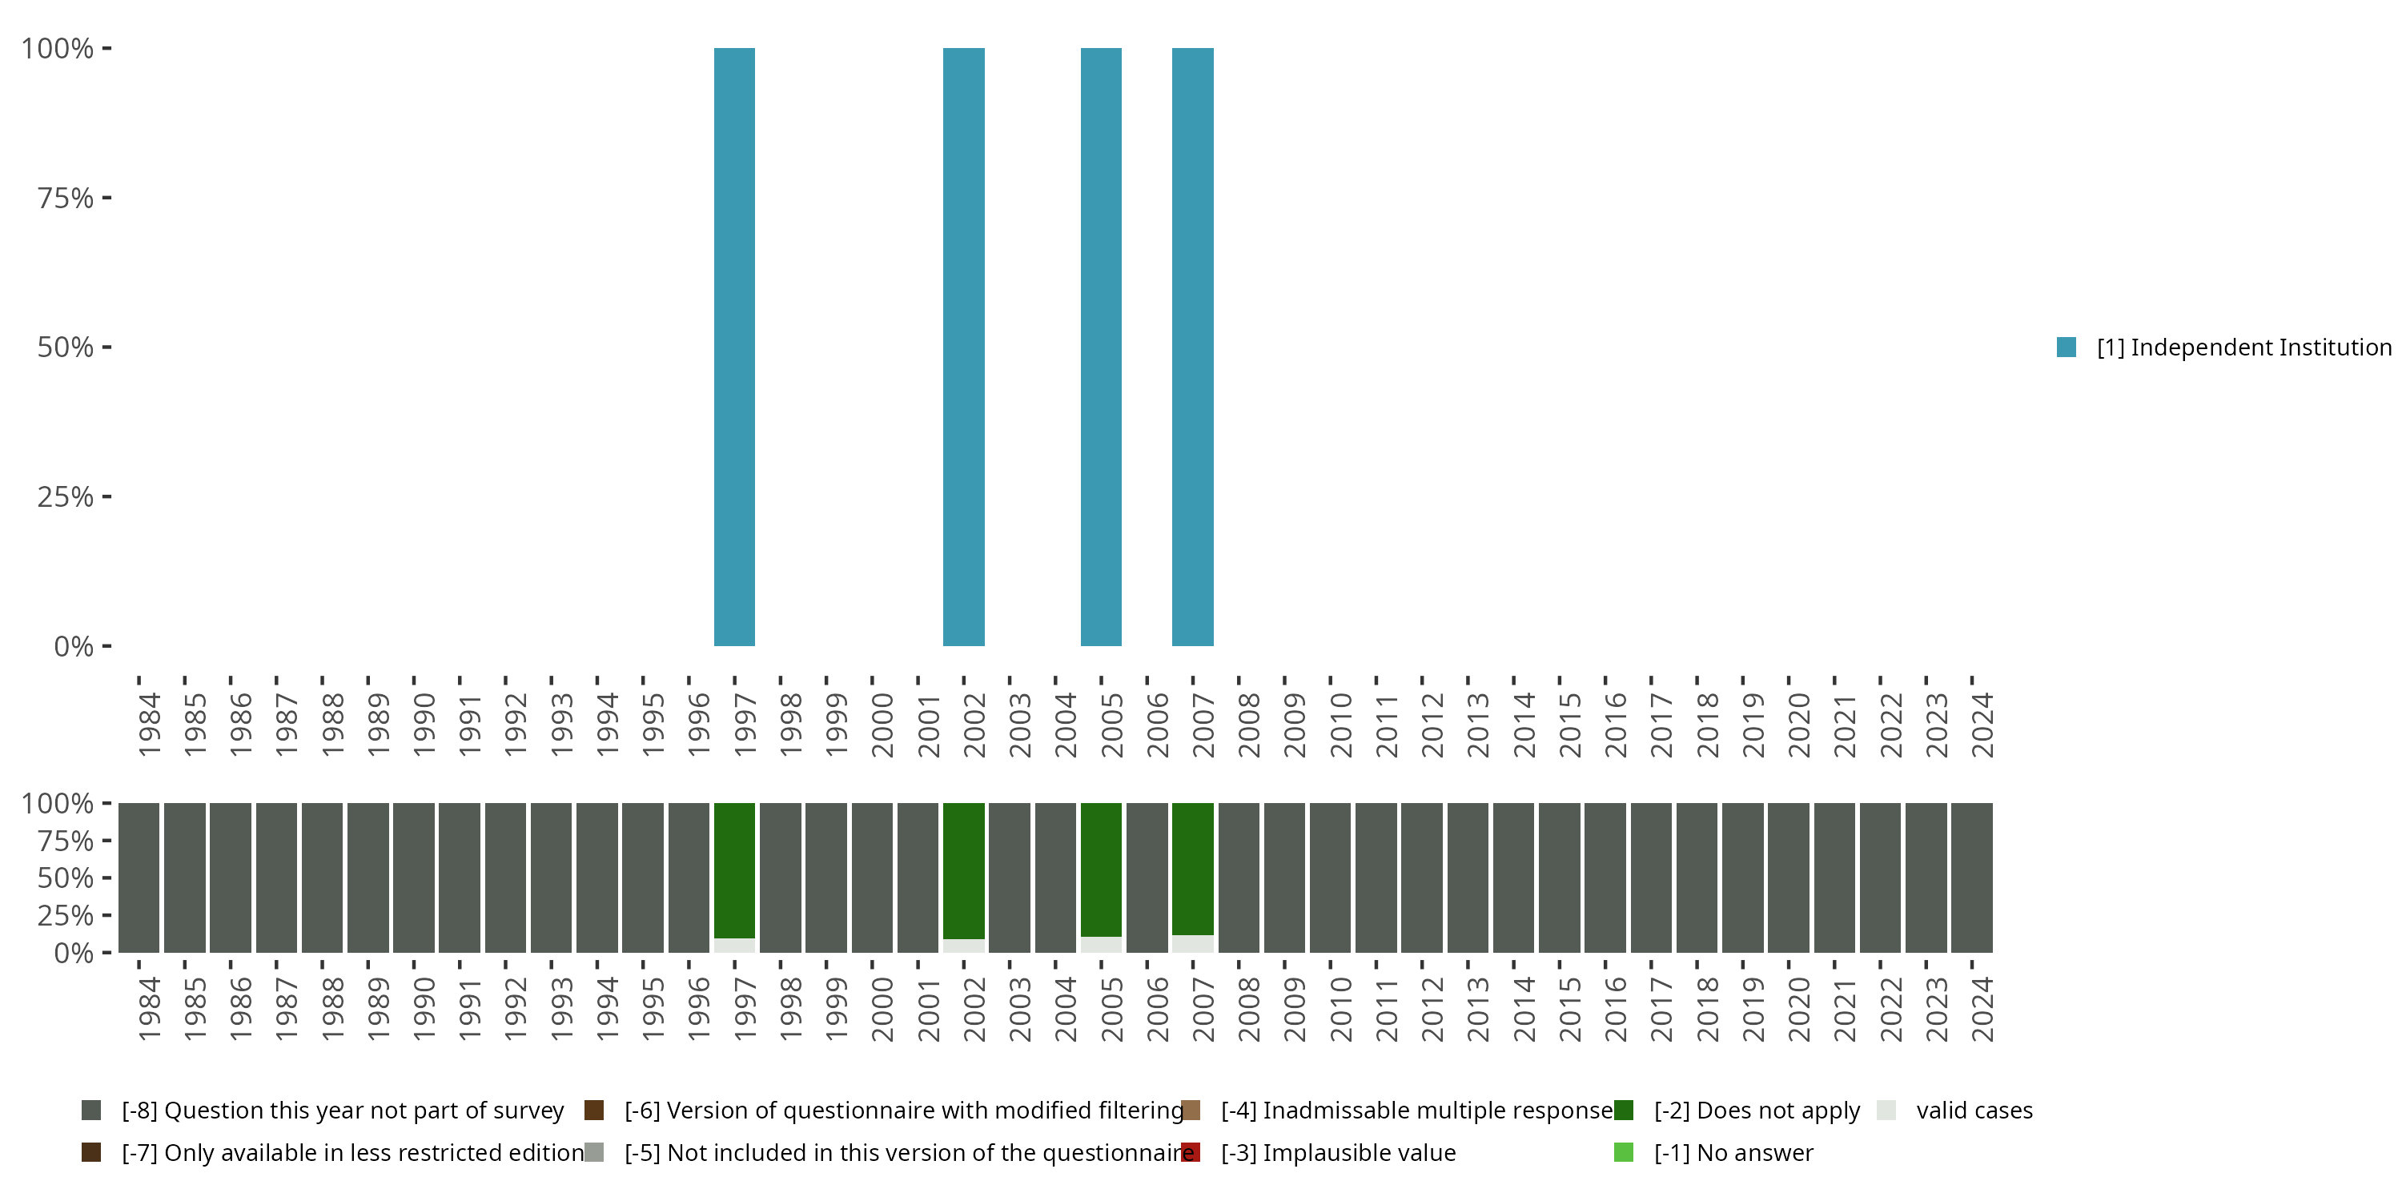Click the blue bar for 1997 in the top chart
(x=734, y=346)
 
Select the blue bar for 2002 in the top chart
(x=963, y=346)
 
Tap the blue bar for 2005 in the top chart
(x=1100, y=346)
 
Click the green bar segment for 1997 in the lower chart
(x=734, y=869)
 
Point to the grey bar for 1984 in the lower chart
(x=139, y=877)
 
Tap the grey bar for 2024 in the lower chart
(x=1971, y=877)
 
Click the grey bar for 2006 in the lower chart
(x=1146, y=877)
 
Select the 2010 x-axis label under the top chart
(x=1341, y=725)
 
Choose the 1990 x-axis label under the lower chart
(x=424, y=1009)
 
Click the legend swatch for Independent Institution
(x=2067, y=347)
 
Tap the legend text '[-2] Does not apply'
(x=1757, y=1111)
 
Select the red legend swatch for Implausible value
(x=1191, y=1152)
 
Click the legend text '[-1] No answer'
(x=1733, y=1152)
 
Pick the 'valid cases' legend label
(x=1974, y=1111)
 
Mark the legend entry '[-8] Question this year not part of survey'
(x=342, y=1111)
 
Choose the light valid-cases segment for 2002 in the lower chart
(x=963, y=946)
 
